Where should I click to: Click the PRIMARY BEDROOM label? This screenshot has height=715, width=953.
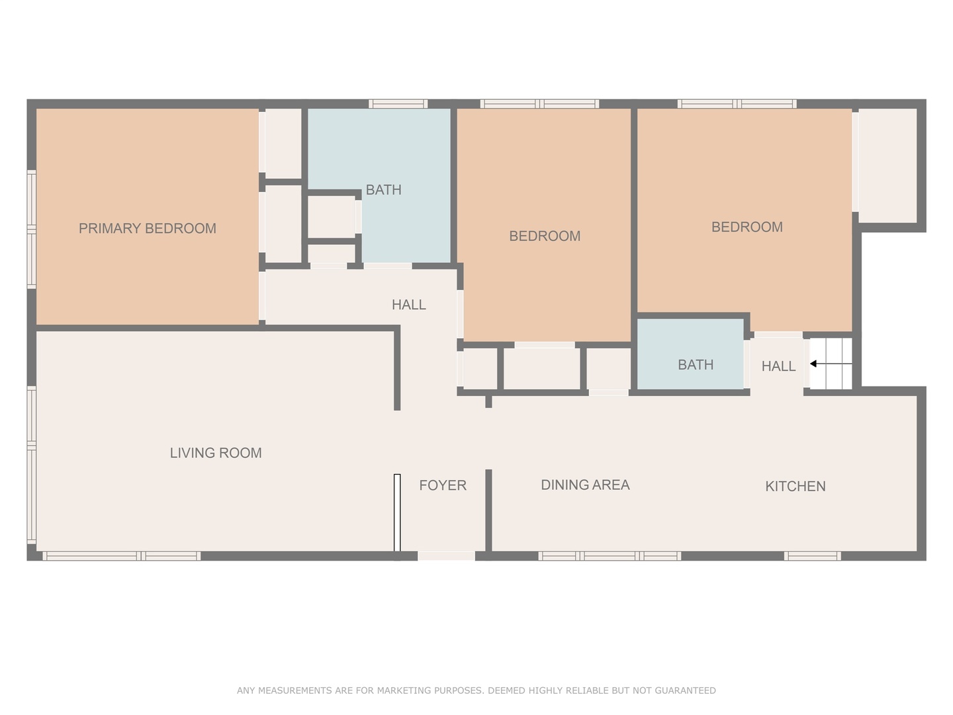(147, 228)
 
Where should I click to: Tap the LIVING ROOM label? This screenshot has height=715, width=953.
(216, 453)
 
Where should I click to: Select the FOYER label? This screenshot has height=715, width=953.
(443, 485)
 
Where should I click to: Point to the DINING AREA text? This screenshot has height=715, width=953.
(585, 485)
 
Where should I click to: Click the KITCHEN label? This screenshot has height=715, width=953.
(795, 486)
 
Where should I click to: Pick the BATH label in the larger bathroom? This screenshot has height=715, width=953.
(383, 190)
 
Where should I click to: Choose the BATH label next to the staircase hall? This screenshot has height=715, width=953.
(696, 365)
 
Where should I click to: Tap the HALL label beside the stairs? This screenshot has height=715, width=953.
(778, 366)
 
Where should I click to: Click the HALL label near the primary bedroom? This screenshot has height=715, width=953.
(408, 305)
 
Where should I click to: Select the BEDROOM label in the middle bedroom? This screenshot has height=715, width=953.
(545, 236)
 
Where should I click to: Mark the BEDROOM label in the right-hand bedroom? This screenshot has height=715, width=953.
(747, 227)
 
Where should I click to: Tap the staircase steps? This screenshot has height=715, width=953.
(831, 364)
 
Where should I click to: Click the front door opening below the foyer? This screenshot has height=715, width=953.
(446, 556)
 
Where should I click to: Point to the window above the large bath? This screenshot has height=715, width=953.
(398, 104)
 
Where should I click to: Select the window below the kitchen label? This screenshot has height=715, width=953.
(812, 556)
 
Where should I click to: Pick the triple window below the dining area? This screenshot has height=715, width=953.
(610, 556)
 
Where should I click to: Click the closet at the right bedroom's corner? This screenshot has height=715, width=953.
(887, 166)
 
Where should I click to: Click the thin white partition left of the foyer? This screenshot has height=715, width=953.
(397, 512)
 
